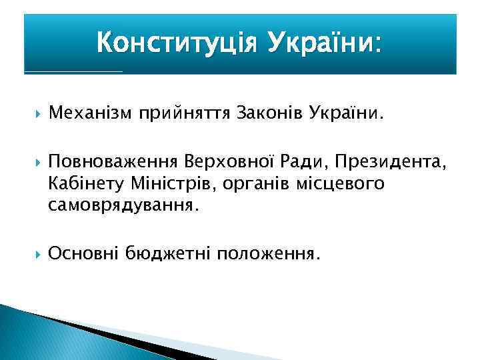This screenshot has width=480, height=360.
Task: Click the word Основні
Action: pos(85,253)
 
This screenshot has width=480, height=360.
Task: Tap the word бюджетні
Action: pos(168,253)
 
